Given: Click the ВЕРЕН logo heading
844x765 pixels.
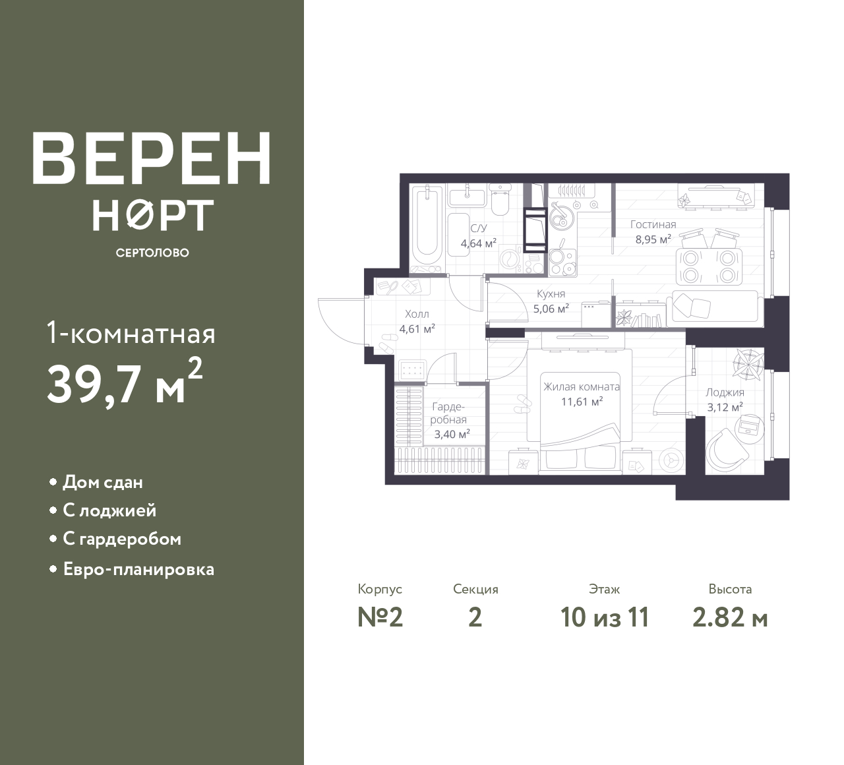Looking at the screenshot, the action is [x=152, y=159].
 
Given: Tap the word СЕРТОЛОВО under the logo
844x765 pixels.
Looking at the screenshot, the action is [x=152, y=253].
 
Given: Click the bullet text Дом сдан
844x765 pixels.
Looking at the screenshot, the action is [x=103, y=483].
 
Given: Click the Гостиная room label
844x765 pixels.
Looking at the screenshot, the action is [x=653, y=224].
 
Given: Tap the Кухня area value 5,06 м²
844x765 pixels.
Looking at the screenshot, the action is [x=551, y=309].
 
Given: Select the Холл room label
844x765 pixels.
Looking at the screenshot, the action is [x=417, y=314].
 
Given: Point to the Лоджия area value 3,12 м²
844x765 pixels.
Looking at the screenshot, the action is [x=724, y=408].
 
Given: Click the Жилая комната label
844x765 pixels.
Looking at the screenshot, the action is [x=582, y=386].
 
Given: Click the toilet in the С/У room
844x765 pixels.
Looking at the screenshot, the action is [x=500, y=200].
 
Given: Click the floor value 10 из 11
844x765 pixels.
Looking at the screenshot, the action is [x=605, y=618].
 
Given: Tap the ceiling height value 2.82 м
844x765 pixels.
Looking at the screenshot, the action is [x=730, y=618].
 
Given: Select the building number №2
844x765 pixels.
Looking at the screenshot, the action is [x=380, y=618].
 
